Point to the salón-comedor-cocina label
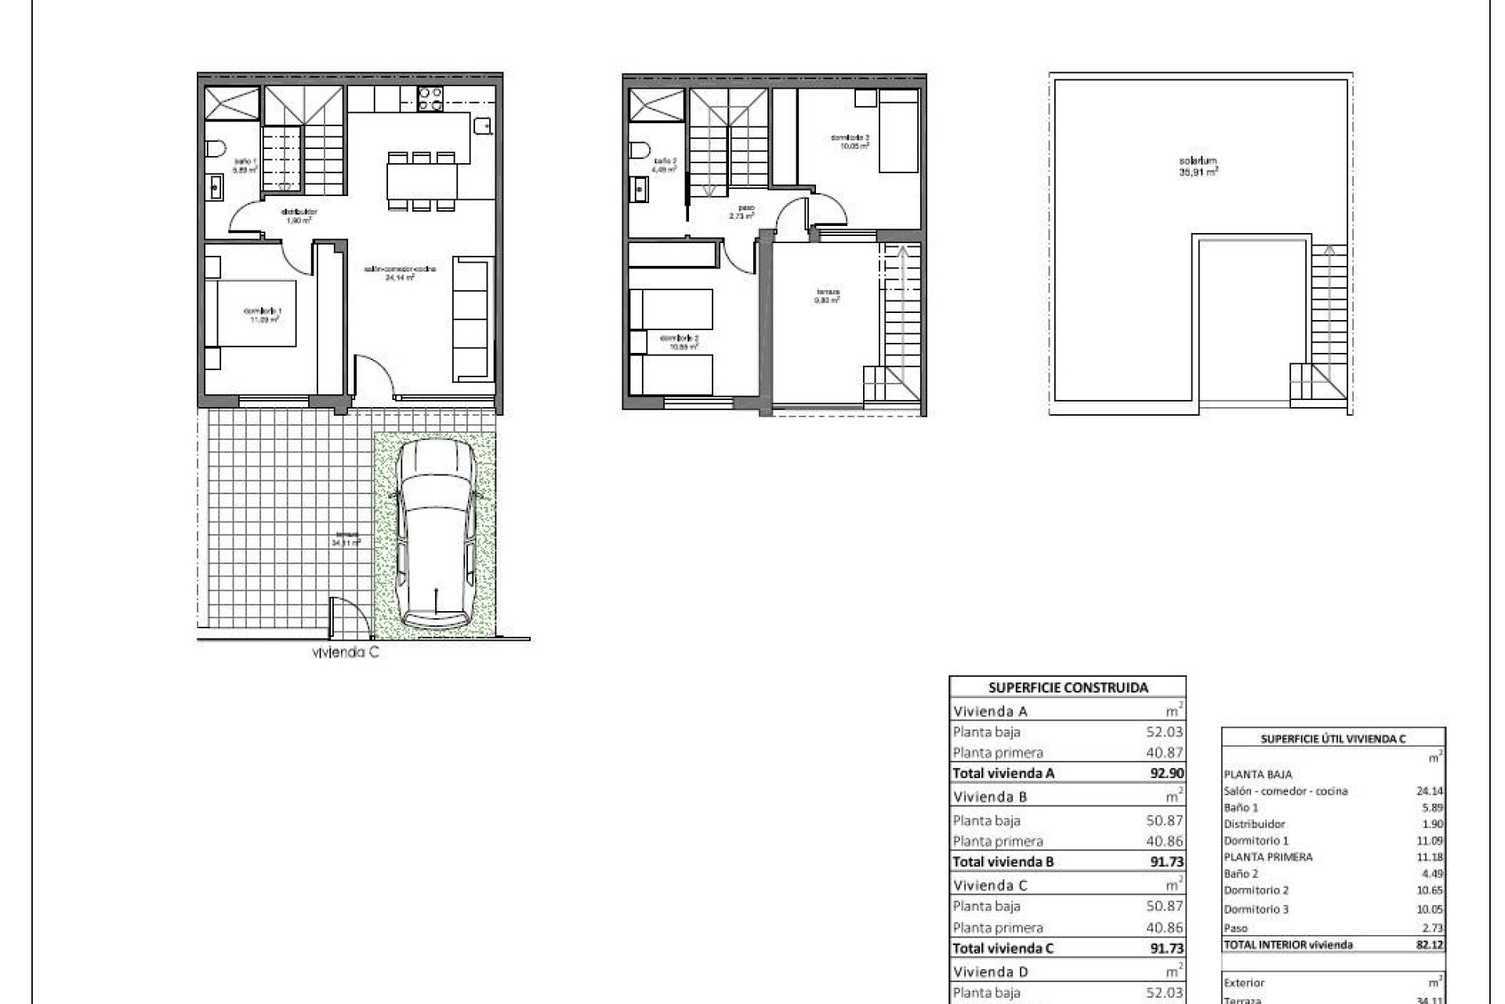point(400,272)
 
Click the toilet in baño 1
point(217,147)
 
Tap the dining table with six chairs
point(422,181)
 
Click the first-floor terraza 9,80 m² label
point(828,298)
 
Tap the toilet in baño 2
point(640,148)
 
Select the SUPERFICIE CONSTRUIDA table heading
point(1068,688)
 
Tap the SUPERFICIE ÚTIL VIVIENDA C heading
point(1333,739)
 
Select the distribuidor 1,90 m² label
point(299,216)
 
